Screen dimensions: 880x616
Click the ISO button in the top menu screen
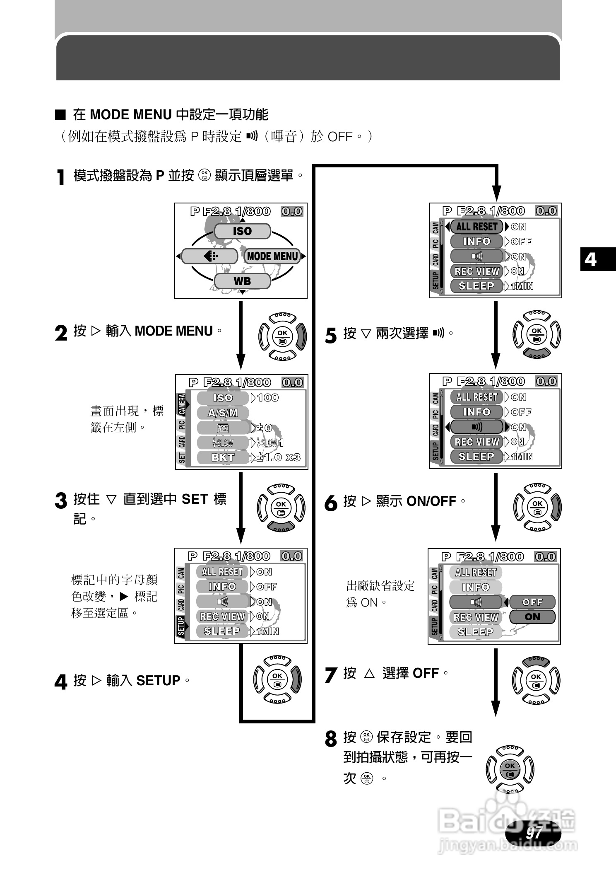tap(242, 231)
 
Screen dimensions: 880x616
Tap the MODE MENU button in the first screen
tap(272, 256)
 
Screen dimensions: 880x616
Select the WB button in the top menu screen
tap(242, 281)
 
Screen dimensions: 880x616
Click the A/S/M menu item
tap(223, 413)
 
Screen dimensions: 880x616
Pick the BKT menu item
tap(223, 457)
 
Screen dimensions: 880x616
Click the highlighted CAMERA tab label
tap(181, 404)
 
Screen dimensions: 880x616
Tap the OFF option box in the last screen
tap(532, 602)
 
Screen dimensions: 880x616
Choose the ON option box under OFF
tap(532, 617)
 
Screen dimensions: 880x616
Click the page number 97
tap(534, 832)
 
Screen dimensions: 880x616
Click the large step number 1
tap(61, 177)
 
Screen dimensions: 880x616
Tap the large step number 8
tap(330, 739)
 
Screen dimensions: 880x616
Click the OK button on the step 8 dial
tap(510, 769)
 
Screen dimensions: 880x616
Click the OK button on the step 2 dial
tap(282, 336)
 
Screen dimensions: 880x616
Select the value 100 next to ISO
tap(267, 398)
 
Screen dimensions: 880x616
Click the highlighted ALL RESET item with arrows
tap(476, 227)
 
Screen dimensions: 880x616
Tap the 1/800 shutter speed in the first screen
tap(253, 211)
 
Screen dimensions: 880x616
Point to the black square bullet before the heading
tap(60, 115)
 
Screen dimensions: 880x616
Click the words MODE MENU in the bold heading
tap(130, 115)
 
